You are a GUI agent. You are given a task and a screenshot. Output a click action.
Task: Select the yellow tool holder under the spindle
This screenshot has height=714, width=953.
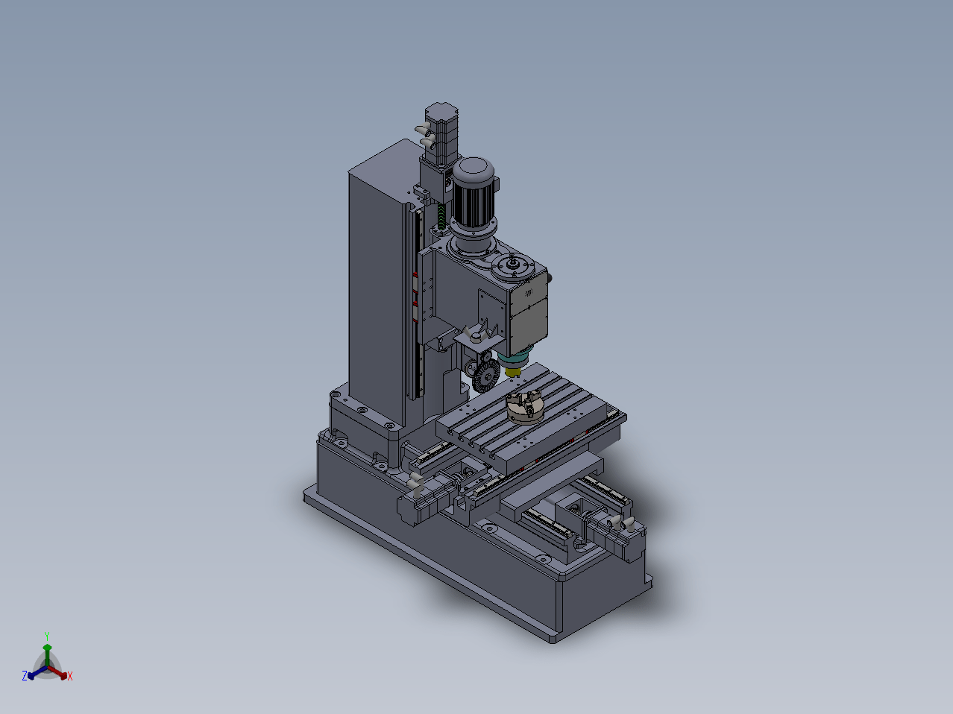pyautogui.click(x=512, y=372)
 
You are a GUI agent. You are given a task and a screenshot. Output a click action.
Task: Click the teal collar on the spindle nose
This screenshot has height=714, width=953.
pyautogui.click(x=513, y=358)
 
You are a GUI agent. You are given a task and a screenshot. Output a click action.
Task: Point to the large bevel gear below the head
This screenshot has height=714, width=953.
pyautogui.click(x=485, y=377)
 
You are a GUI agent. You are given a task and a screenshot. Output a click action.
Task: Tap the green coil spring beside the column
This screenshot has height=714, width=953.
pyautogui.click(x=441, y=216)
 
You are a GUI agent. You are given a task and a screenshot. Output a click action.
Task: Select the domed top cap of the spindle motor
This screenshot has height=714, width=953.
pyautogui.click(x=474, y=168)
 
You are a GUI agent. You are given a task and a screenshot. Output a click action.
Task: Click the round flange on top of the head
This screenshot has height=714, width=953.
pyautogui.click(x=513, y=265)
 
